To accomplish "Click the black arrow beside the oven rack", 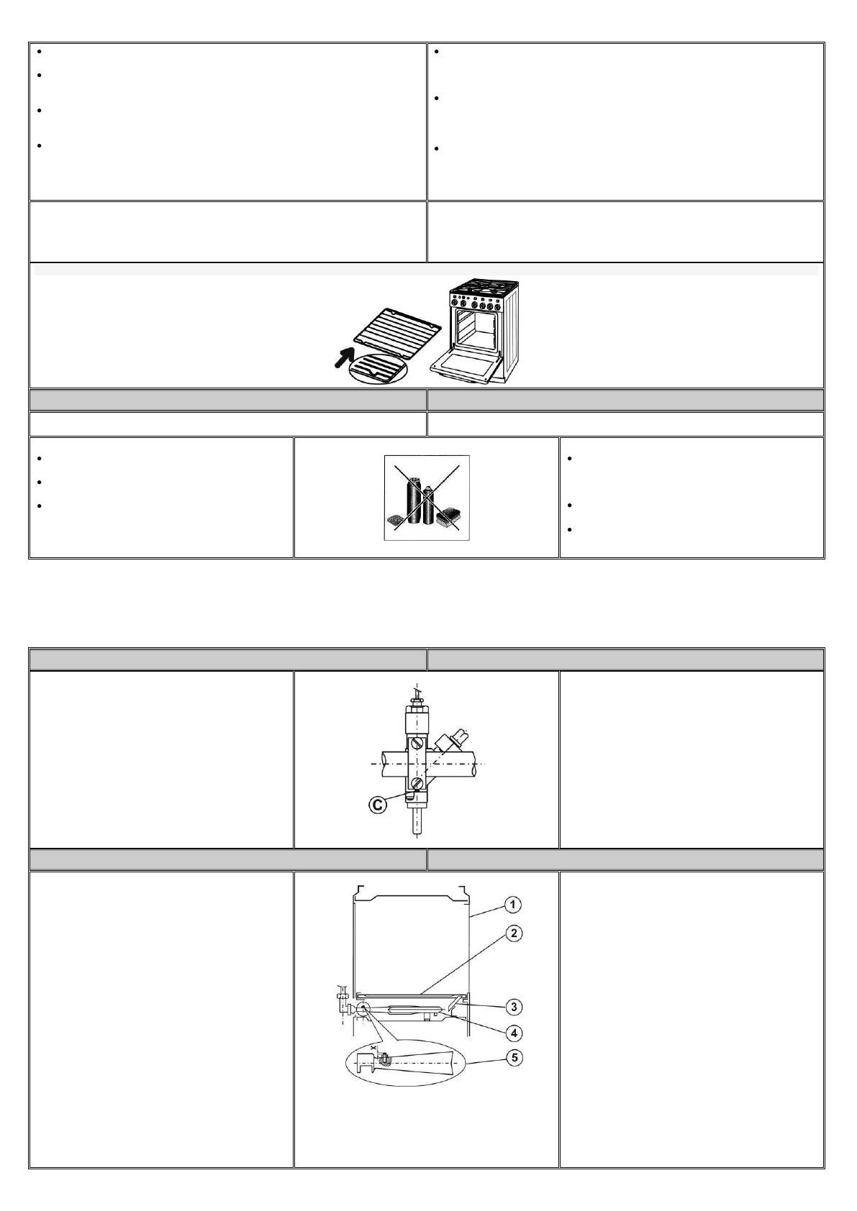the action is pyautogui.click(x=344, y=356).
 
